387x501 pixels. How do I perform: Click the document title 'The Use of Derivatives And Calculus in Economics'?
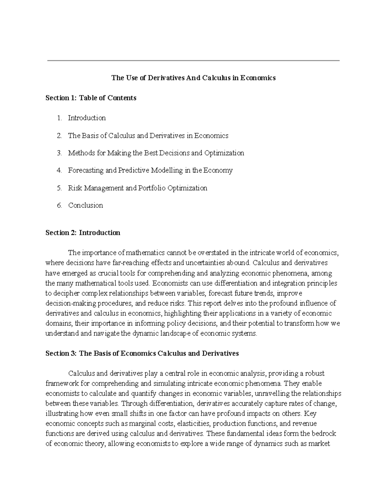(x=193, y=78)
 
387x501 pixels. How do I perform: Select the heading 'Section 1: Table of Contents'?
(x=91, y=98)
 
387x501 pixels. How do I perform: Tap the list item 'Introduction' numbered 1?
(x=87, y=118)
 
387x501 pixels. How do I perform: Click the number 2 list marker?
(x=59, y=135)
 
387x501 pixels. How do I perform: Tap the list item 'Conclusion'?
(x=85, y=205)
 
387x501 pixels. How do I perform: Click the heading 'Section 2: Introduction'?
(x=83, y=233)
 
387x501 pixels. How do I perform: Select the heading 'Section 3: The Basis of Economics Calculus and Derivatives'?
(x=142, y=353)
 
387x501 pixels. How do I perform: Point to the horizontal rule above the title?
(x=193, y=60)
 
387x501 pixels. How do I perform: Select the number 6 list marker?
(x=59, y=205)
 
